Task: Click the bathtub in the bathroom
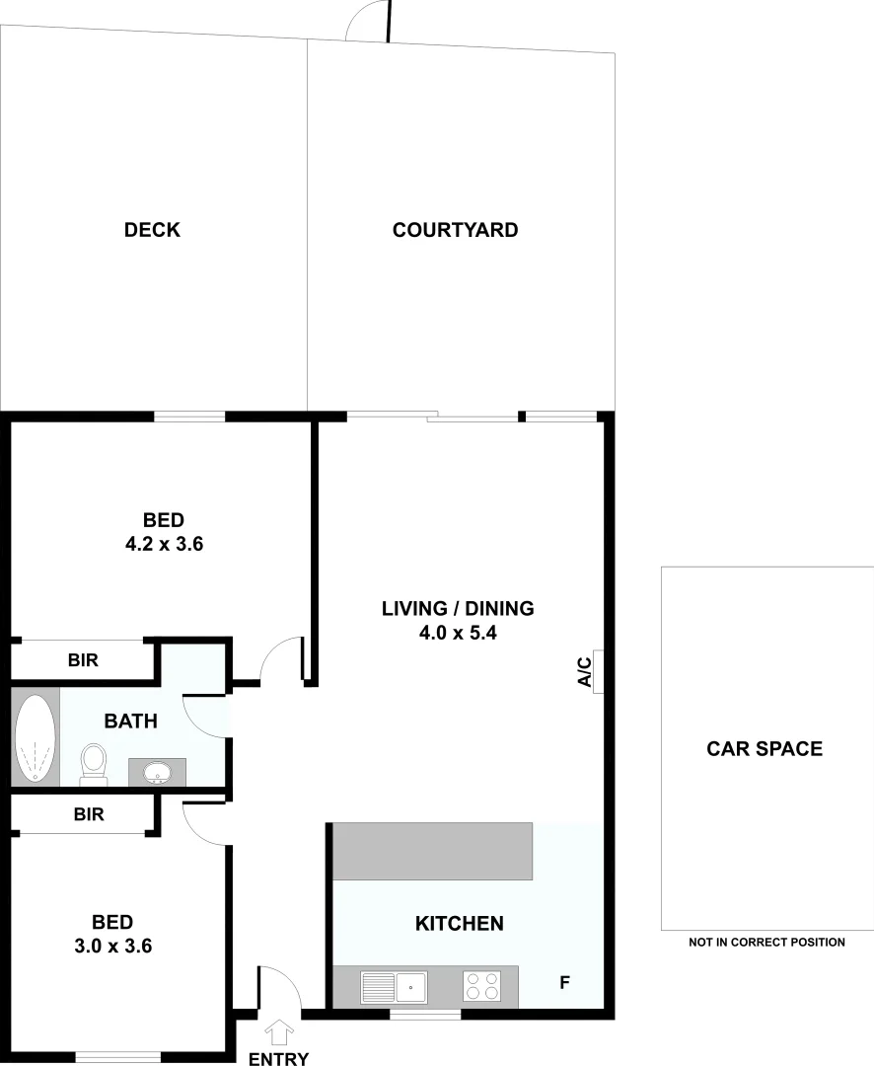click(x=35, y=738)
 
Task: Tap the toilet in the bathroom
click(x=94, y=762)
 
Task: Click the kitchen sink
click(x=395, y=986)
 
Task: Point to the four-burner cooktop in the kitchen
click(x=481, y=986)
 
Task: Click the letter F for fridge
click(x=565, y=983)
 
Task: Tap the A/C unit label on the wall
click(x=584, y=672)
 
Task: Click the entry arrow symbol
click(x=280, y=1031)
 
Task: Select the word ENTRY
click(x=278, y=1058)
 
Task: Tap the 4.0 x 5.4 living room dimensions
click(x=458, y=633)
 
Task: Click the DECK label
click(x=152, y=230)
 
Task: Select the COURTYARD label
click(x=455, y=230)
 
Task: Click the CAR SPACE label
click(x=765, y=748)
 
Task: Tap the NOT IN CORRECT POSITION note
click(x=766, y=943)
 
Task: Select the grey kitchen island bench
click(x=432, y=851)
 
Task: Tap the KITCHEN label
click(x=459, y=924)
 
